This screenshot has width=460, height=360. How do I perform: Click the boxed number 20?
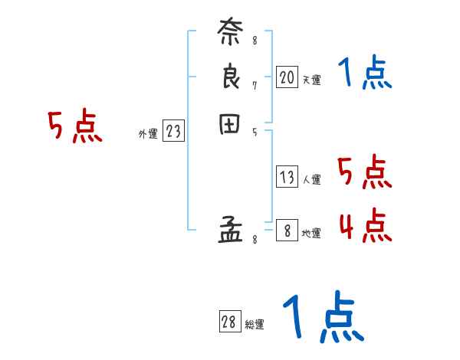pyautogui.click(x=287, y=77)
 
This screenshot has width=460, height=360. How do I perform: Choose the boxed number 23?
pyautogui.click(x=173, y=132)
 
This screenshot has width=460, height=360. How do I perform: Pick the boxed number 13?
pyautogui.click(x=287, y=178)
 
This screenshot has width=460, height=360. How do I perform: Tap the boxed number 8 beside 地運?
pyautogui.click(x=287, y=231)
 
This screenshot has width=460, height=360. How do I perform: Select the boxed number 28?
pyautogui.click(x=229, y=322)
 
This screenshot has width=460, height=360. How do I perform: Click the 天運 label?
pyautogui.click(x=311, y=80)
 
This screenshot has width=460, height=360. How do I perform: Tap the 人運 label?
pyautogui.click(x=311, y=181)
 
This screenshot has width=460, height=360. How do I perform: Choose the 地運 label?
pyautogui.click(x=311, y=234)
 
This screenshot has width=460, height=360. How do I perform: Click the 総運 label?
pyautogui.click(x=254, y=325)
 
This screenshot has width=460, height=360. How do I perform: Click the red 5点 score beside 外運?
pyautogui.click(x=74, y=126)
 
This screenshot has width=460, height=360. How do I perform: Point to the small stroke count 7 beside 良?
pyautogui.click(x=255, y=86)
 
